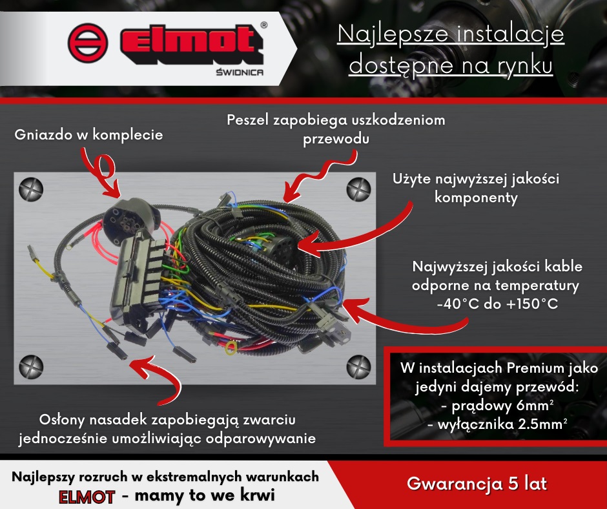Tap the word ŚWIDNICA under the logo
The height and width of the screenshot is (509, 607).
238,72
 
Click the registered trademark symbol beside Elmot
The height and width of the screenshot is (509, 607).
263,26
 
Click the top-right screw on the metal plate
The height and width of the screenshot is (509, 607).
359,189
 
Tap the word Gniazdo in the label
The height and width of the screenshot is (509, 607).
42,135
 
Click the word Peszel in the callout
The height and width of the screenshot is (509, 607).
247,121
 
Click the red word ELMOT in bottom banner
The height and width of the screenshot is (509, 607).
87,497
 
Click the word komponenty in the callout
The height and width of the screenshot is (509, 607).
477,198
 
